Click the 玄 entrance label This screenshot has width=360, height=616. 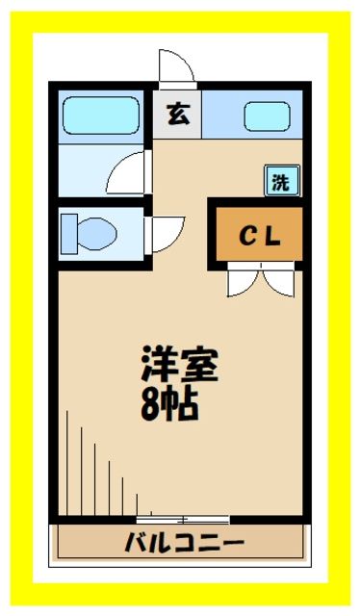click(178, 115)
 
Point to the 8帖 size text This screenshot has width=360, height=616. click(170, 403)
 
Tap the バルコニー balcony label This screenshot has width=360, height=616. click(183, 543)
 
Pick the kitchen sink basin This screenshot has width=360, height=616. click(266, 116)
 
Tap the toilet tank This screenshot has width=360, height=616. click(68, 232)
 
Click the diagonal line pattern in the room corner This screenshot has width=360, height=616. click(96, 462)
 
